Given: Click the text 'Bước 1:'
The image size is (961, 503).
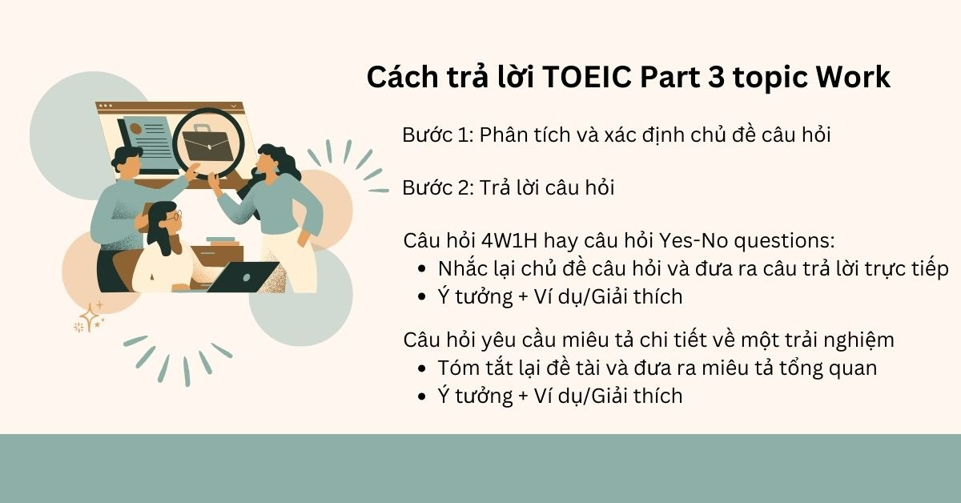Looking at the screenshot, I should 437,135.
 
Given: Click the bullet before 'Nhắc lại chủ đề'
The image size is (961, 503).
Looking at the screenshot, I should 423,269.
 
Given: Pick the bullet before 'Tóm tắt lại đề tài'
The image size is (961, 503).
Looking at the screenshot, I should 423,368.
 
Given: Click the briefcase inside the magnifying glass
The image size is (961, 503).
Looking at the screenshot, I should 207,143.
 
